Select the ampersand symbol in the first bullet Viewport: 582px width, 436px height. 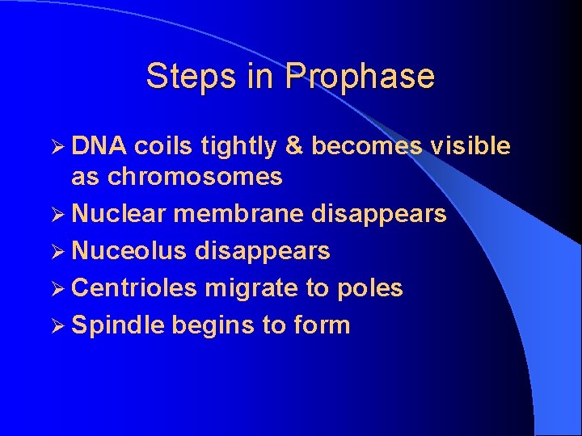coord(294,146)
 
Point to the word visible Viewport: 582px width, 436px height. coord(470,146)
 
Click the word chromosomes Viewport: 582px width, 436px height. coord(195,177)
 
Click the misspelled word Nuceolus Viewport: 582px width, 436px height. coord(129,251)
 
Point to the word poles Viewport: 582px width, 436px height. coord(370,288)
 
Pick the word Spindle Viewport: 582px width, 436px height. coord(118,325)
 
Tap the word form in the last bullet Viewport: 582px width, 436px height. coord(322,325)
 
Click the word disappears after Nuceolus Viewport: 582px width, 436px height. coord(263,252)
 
